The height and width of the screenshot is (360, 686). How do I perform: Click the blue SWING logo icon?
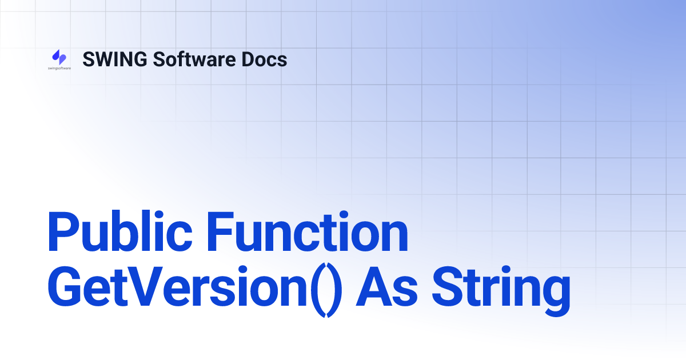(59, 57)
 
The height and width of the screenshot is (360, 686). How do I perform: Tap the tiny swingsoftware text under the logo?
(59, 68)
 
